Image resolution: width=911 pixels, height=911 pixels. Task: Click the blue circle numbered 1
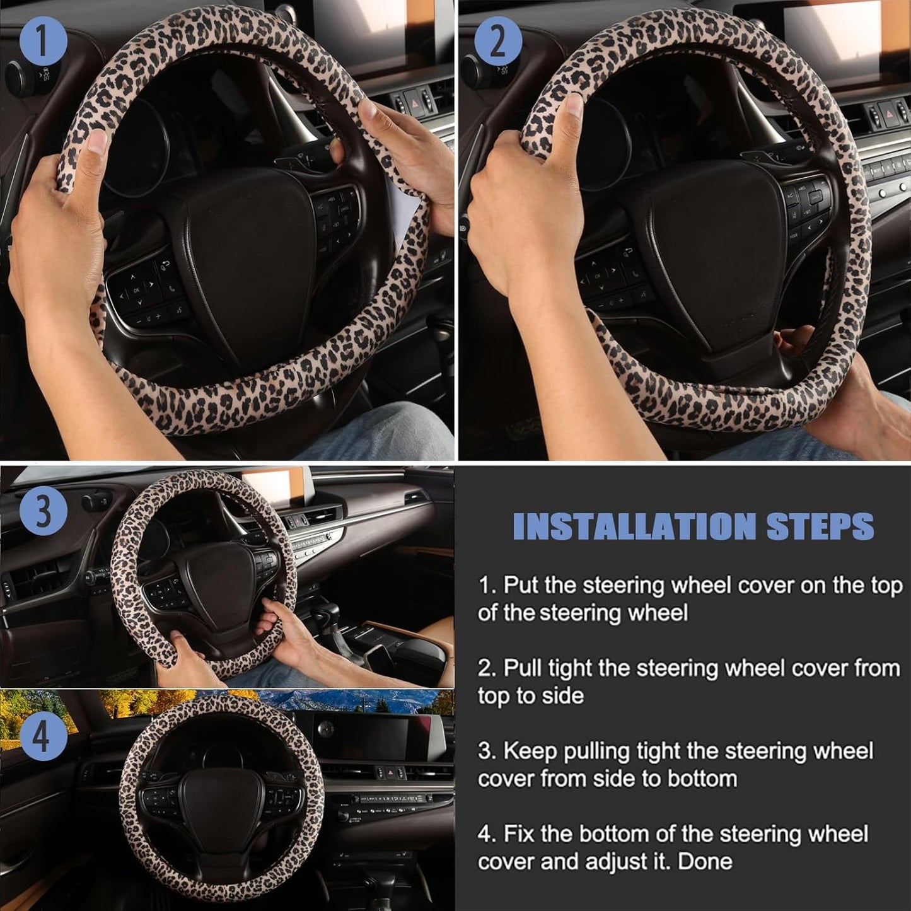(43, 42)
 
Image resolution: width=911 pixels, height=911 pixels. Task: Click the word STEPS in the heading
(820, 526)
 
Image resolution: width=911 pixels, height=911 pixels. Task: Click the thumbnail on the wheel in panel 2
(574, 104)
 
